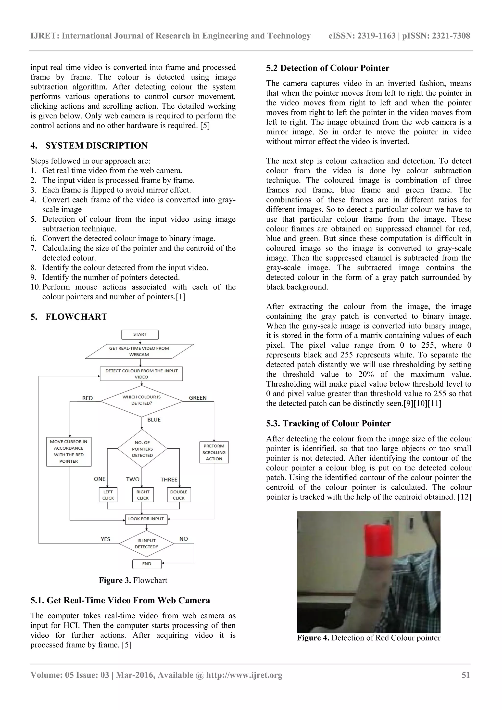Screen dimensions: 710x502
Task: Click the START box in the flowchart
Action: tap(140, 334)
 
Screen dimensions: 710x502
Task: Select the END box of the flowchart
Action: tap(147, 564)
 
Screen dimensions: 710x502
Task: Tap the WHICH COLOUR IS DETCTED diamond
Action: tap(142, 400)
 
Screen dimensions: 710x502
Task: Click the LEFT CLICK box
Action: tap(108, 495)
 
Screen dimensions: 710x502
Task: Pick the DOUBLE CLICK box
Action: tap(179, 495)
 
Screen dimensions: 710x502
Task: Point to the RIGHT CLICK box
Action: tap(143, 495)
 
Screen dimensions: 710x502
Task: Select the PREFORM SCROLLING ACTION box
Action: tap(214, 452)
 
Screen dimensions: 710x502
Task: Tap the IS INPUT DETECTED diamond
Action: tap(147, 544)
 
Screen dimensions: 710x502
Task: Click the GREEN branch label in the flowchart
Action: tap(198, 398)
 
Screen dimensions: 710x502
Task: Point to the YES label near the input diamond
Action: tap(105, 539)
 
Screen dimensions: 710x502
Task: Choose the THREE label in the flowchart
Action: tap(169, 480)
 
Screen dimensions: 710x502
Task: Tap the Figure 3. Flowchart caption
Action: tap(133, 581)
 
